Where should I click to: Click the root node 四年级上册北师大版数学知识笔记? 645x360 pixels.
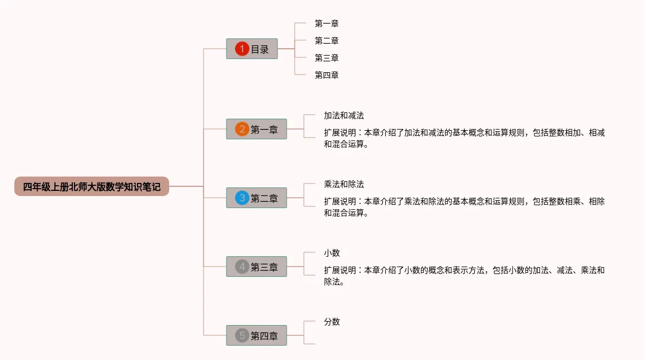pyautogui.click(x=92, y=186)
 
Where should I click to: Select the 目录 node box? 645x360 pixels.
pyautogui.click(x=252, y=49)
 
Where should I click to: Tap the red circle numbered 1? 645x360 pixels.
pyautogui.click(x=242, y=49)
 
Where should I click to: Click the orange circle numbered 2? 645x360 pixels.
pyautogui.click(x=242, y=130)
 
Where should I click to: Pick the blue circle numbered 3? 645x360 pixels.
pyautogui.click(x=242, y=198)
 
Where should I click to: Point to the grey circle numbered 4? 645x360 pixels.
pyautogui.click(x=242, y=267)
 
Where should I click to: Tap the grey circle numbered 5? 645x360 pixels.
pyautogui.click(x=242, y=336)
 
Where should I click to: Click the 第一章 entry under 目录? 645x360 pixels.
pyautogui.click(x=327, y=24)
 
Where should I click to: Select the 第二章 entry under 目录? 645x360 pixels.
pyautogui.click(x=327, y=41)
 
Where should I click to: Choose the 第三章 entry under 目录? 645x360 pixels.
pyautogui.click(x=327, y=58)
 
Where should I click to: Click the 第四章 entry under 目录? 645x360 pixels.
pyautogui.click(x=327, y=75)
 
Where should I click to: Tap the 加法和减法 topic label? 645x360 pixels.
pyautogui.click(x=344, y=115)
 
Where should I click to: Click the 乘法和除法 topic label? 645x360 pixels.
pyautogui.click(x=344, y=184)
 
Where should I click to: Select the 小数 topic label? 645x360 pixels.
pyautogui.click(x=332, y=253)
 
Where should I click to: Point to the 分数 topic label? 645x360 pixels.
pyautogui.click(x=332, y=322)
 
